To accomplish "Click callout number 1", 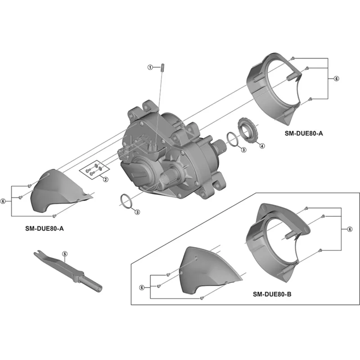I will [150, 67].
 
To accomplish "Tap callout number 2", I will [105, 180].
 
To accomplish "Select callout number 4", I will [262, 146].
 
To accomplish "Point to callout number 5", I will [64, 254].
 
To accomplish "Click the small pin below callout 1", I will [161, 67].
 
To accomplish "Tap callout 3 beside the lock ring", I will [243, 149].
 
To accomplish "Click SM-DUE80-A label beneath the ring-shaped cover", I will [304, 133].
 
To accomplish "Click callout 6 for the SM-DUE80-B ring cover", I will [350, 229].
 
